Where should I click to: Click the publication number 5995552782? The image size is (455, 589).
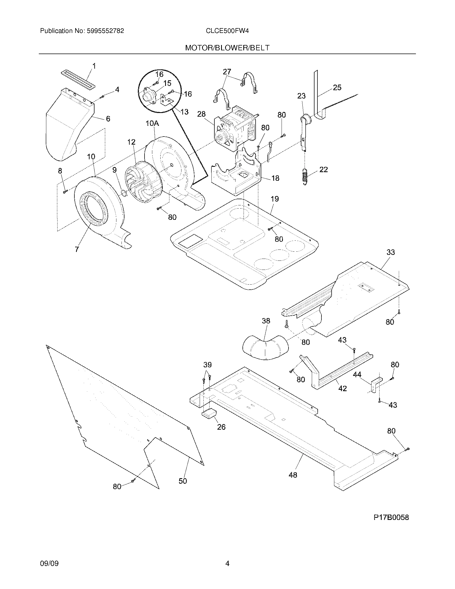(105, 31)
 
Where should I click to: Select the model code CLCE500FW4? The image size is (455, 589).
(227, 31)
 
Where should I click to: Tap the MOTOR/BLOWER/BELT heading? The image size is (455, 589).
(227, 48)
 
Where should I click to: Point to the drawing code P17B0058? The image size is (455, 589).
(391, 518)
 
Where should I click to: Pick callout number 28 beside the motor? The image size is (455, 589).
(201, 114)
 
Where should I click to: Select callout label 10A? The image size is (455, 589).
(152, 123)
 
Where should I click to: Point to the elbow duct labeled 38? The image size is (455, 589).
(266, 348)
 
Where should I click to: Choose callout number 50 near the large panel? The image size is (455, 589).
(183, 481)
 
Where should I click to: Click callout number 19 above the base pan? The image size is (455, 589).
(274, 199)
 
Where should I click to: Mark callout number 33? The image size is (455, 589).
(390, 252)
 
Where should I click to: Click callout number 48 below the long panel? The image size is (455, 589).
(293, 475)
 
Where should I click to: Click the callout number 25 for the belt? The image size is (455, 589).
(337, 88)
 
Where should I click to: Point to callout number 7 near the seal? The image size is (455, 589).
(77, 250)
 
